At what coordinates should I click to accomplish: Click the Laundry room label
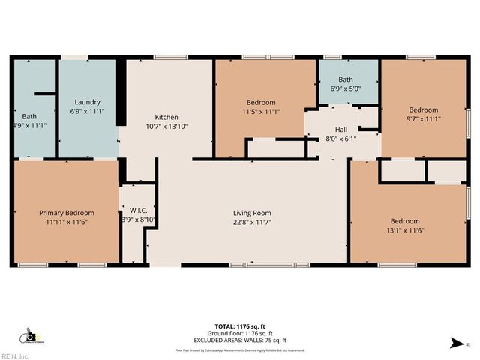[x=87, y=102]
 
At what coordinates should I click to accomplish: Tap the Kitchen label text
[x=166, y=117]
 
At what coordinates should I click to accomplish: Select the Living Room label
[x=251, y=213]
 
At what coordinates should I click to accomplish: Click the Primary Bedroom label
[x=66, y=213]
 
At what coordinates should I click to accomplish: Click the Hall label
[x=341, y=129]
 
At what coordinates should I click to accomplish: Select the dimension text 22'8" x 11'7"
[x=251, y=223]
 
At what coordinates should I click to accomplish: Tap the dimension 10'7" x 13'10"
[x=166, y=127]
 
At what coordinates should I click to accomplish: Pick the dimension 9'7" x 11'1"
[x=424, y=118]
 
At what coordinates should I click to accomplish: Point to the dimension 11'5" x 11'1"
[x=261, y=112]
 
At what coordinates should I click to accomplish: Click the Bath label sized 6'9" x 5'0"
[x=345, y=79]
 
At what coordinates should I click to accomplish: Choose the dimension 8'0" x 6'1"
[x=341, y=138]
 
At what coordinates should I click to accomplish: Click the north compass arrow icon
[x=454, y=343]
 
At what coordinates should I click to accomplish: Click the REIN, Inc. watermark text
[x=15, y=355]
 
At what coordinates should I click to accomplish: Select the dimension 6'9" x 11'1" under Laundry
[x=87, y=112]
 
